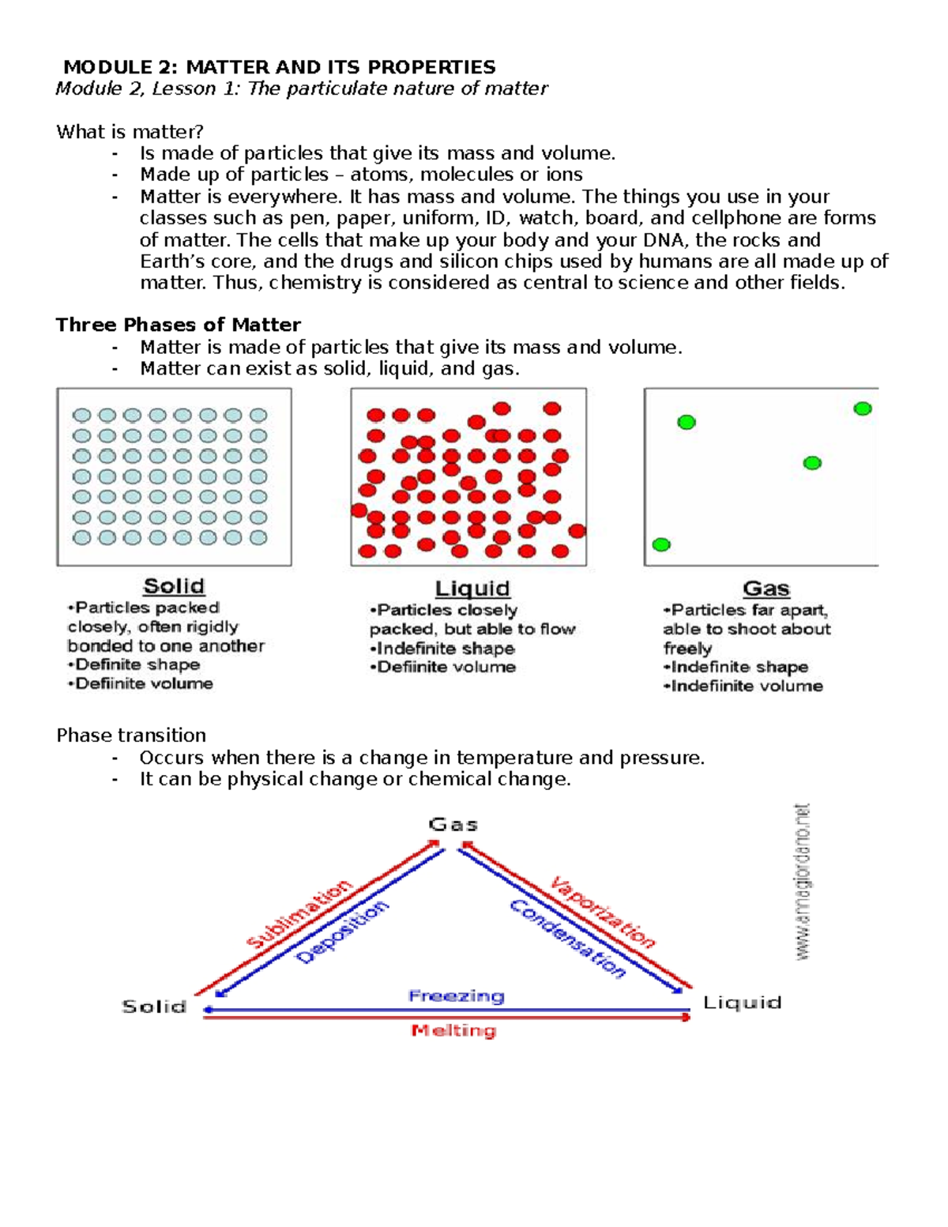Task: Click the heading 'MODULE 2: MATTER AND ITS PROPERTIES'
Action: point(280,67)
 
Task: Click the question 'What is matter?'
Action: point(130,132)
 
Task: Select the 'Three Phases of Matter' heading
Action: point(178,325)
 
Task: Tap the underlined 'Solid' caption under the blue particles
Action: point(174,586)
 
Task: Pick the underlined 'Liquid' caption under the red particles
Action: point(472,589)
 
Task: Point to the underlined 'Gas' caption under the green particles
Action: point(766,589)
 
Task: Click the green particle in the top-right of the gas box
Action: point(863,408)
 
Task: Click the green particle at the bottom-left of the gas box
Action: point(661,544)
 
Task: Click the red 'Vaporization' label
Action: point(603,912)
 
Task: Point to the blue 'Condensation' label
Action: point(567,939)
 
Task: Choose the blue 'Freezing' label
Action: point(456,996)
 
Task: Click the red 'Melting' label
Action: point(453,1030)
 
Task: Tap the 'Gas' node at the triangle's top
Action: point(453,825)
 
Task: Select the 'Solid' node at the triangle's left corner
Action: point(154,1007)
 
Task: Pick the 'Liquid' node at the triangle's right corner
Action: point(742,1003)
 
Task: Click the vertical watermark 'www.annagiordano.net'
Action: point(803,882)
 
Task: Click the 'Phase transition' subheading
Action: point(131,736)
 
